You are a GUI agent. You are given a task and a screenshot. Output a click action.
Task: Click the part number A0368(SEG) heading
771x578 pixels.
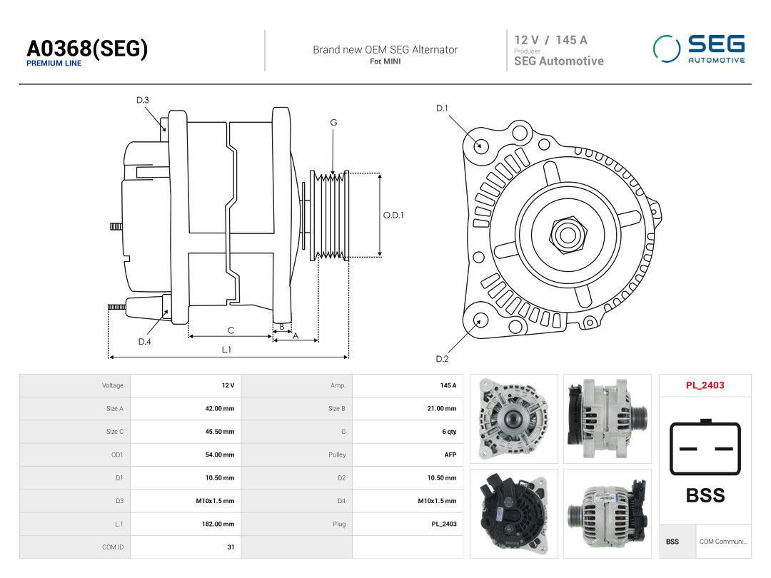click(87, 49)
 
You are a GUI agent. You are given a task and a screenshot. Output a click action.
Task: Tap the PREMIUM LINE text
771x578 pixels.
click(54, 64)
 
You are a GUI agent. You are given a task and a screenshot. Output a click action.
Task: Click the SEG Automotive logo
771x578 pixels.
click(699, 49)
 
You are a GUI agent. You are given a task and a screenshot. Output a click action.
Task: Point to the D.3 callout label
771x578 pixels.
click(143, 101)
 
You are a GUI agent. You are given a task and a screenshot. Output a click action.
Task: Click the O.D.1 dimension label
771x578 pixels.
click(393, 216)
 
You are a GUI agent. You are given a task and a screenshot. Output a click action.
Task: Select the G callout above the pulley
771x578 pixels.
click(333, 123)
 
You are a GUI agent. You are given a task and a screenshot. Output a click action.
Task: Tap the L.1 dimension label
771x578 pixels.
click(226, 350)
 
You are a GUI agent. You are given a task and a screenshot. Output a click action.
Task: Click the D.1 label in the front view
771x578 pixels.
click(442, 108)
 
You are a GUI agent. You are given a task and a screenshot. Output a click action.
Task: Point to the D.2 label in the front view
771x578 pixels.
click(442, 359)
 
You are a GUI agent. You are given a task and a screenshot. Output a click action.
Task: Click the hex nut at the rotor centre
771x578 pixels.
click(568, 235)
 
